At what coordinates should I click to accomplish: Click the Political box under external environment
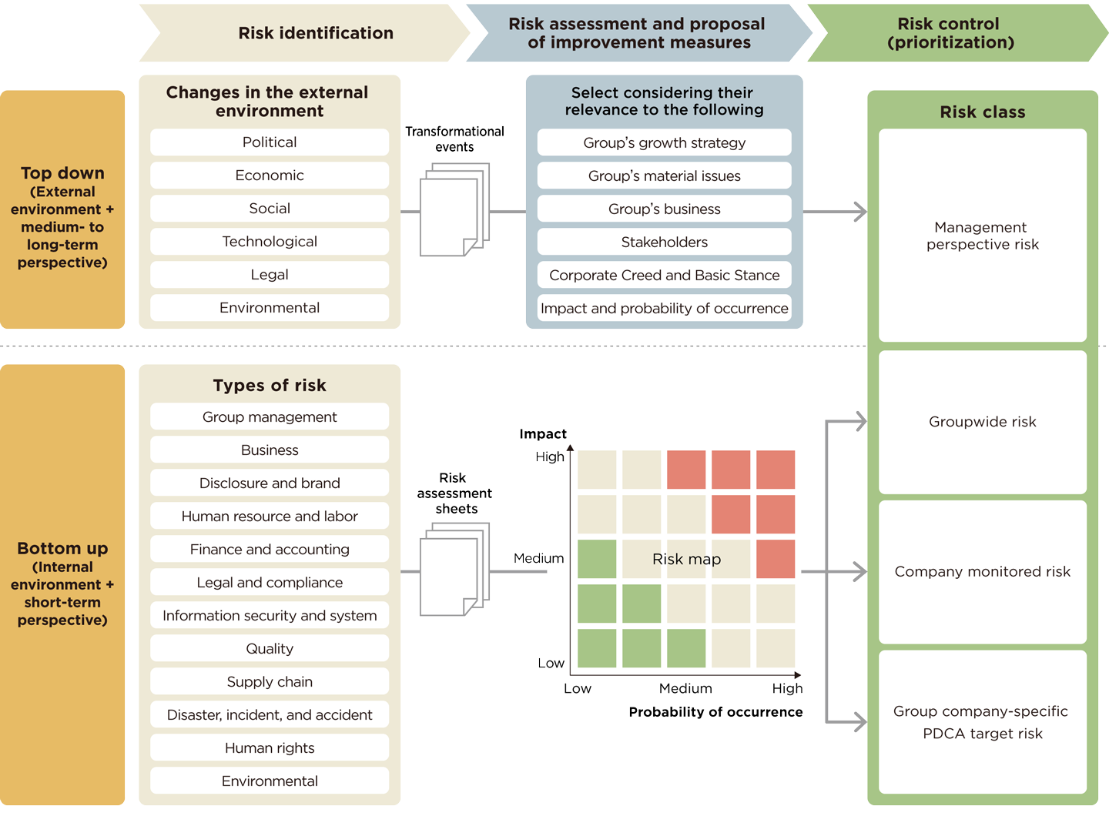[x=270, y=142]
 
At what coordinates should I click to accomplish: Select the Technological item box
[x=270, y=242]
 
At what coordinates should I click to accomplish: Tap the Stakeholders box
[x=664, y=242]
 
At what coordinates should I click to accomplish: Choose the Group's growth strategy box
[x=664, y=142]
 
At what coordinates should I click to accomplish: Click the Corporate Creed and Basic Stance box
[x=664, y=275]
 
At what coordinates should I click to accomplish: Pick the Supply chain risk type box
[x=270, y=681]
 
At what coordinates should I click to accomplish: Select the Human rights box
[x=270, y=747]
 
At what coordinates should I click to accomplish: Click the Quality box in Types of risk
[x=270, y=648]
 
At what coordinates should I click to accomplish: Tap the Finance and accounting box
[x=270, y=549]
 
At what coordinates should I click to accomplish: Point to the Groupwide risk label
[x=982, y=422]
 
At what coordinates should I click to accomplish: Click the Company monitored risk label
[x=982, y=571]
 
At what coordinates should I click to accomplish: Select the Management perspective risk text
[x=982, y=236]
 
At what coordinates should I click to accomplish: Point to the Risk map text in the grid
[x=686, y=559]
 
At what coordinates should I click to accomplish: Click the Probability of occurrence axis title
[x=715, y=712]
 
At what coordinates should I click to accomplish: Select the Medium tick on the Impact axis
[x=538, y=558]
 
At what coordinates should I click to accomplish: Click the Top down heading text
[x=62, y=173]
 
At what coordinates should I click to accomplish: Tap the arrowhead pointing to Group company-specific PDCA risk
[x=859, y=721]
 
